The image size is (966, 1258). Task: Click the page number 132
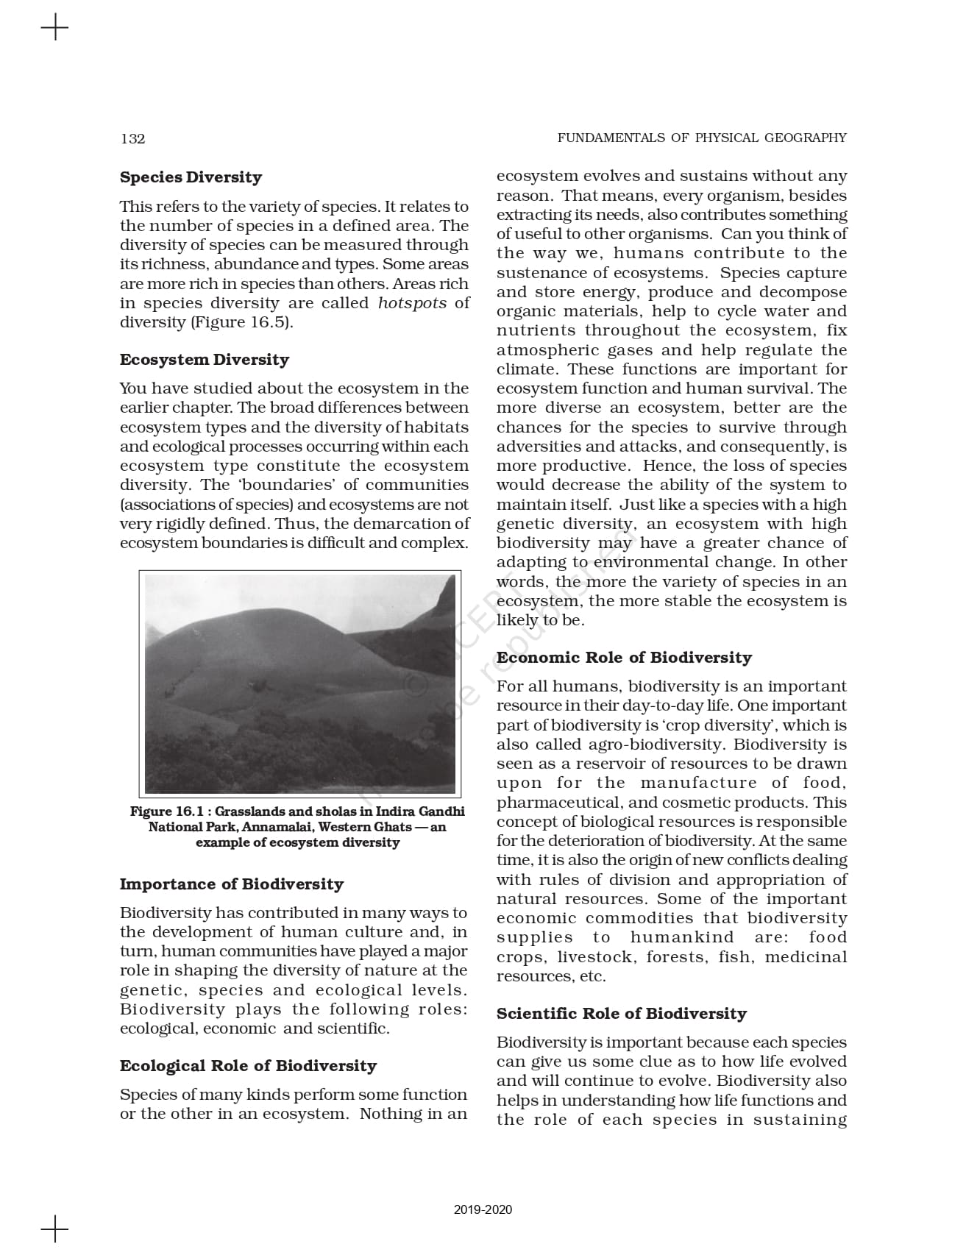coord(133,138)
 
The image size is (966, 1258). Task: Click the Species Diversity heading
coord(191,177)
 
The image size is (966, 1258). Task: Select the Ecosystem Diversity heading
coord(204,360)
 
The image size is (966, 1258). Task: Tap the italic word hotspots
coord(412,303)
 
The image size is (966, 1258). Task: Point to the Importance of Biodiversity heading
coord(231,884)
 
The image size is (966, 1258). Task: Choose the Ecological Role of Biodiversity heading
coord(248,1066)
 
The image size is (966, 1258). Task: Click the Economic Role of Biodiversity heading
coord(624,658)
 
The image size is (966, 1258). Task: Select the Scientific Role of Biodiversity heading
coord(621,1014)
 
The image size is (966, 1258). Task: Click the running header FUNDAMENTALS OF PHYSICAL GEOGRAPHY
coord(702,138)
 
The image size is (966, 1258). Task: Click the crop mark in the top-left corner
coord(54,29)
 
